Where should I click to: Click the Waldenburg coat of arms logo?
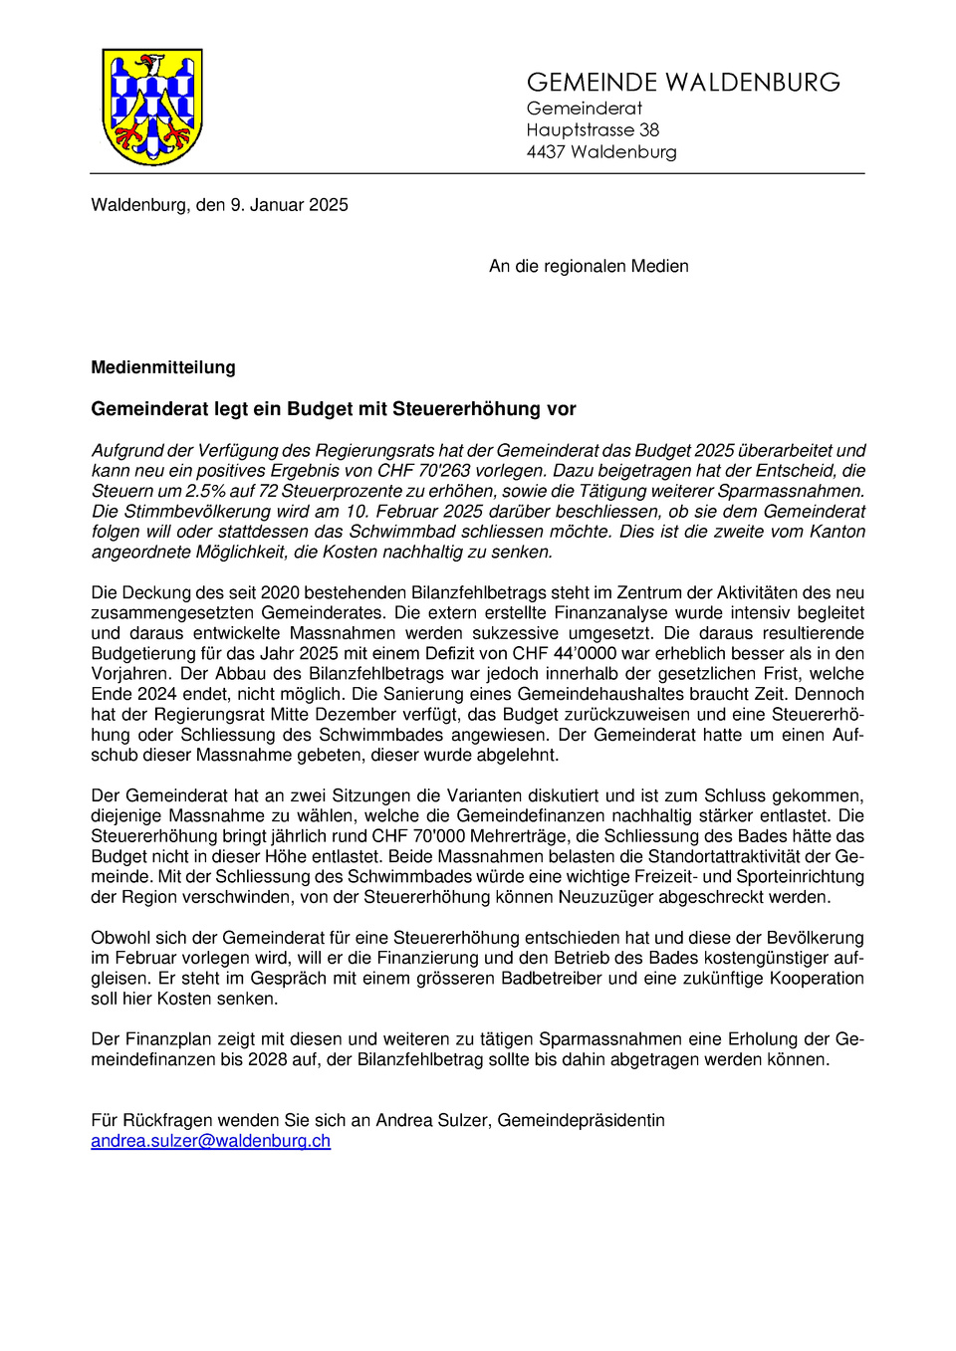click(x=152, y=107)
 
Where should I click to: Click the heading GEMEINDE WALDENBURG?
click(x=683, y=83)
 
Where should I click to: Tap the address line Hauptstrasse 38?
click(x=593, y=129)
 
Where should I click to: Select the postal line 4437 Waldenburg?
click(x=601, y=151)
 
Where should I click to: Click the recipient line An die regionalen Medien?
click(x=589, y=266)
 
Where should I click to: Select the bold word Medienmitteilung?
click(x=163, y=367)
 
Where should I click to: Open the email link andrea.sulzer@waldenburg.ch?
click(x=210, y=1141)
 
